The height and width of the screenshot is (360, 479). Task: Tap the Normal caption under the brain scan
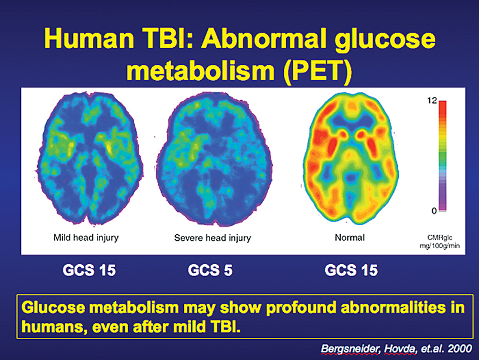tap(350, 238)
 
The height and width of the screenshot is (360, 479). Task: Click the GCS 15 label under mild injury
tap(89, 270)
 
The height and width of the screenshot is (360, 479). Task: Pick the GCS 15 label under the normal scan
tap(351, 270)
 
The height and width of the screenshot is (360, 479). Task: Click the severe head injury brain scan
tap(211, 159)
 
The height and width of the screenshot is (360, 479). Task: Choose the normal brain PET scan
tap(350, 159)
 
